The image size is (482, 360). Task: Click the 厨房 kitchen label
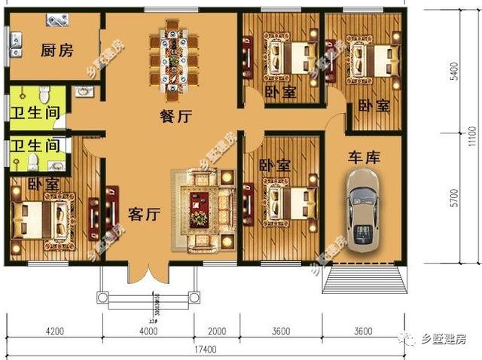click(x=56, y=51)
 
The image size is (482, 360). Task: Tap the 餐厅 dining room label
click(x=175, y=117)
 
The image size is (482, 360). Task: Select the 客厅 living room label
click(x=142, y=214)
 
